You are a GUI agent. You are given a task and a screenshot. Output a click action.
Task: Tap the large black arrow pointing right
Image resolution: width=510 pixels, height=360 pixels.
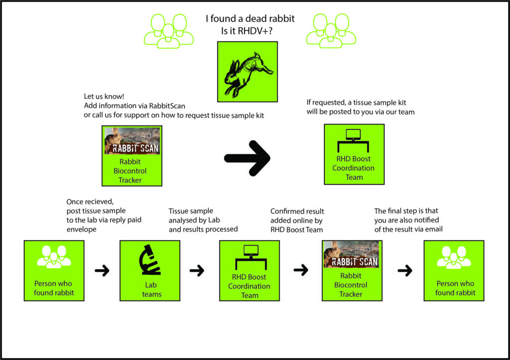248,158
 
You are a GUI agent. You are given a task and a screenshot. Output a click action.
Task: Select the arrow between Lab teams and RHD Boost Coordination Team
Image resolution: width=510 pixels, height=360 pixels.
197,271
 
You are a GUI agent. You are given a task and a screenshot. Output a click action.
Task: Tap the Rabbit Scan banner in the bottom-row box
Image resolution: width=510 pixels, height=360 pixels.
351,254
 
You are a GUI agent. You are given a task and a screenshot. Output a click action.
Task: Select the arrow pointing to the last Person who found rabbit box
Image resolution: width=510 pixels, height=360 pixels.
405,271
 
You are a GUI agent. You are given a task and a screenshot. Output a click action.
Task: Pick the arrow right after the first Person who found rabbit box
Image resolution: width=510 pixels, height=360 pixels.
102,271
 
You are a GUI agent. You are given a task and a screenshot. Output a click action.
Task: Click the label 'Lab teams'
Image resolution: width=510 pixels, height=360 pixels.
149,290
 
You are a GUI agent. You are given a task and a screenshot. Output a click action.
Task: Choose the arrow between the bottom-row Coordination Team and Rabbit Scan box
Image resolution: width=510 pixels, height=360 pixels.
301,271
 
